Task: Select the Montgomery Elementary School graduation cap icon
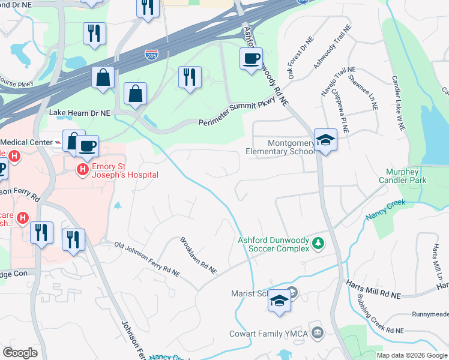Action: [325, 140]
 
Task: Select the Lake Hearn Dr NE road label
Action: [80, 113]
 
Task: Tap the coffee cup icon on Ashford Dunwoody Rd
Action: [250, 59]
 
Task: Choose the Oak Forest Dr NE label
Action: [300, 59]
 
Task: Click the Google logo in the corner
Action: [20, 353]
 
